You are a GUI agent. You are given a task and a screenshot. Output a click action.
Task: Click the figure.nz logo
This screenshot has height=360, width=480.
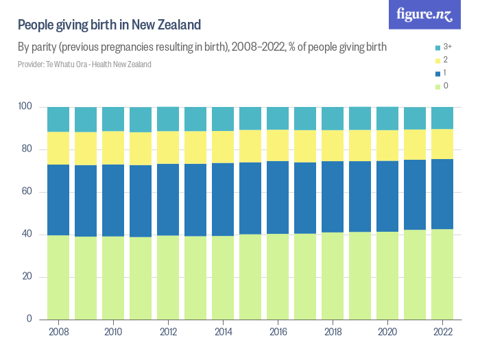tap(424, 15)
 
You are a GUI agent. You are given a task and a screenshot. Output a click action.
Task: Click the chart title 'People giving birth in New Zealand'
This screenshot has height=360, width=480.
tap(109, 25)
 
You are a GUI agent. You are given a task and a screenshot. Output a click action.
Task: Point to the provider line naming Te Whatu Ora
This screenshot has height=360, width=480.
tap(84, 64)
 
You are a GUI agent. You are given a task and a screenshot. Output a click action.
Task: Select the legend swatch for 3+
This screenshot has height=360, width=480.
tap(437, 46)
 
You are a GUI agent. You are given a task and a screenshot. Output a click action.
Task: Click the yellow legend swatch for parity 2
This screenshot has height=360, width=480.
tap(437, 60)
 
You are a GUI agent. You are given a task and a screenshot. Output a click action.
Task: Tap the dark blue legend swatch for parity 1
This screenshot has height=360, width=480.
tap(437, 73)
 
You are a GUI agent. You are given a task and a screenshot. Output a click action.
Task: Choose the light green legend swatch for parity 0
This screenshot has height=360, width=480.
tap(437, 86)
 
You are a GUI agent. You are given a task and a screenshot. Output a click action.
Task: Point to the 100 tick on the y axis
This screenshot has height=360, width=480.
tap(25, 107)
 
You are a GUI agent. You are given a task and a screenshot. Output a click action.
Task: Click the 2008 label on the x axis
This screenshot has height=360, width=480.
tap(58, 332)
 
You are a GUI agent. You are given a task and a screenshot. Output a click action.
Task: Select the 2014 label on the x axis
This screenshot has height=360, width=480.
tap(223, 332)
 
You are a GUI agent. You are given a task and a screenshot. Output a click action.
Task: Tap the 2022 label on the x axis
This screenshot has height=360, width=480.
tap(442, 332)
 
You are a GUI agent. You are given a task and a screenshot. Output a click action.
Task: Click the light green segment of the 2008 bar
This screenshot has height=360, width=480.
tap(58, 277)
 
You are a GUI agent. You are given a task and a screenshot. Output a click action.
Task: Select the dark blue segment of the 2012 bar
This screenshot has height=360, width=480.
tap(168, 200)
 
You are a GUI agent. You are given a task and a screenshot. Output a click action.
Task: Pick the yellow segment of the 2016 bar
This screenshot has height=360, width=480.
tap(278, 145)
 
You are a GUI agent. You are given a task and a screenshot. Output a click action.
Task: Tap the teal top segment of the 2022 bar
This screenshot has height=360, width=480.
tap(442, 118)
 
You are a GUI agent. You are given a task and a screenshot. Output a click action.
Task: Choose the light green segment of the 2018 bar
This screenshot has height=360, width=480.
tap(333, 276)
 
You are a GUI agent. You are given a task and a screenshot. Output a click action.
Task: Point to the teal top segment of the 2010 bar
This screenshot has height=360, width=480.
tap(113, 119)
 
